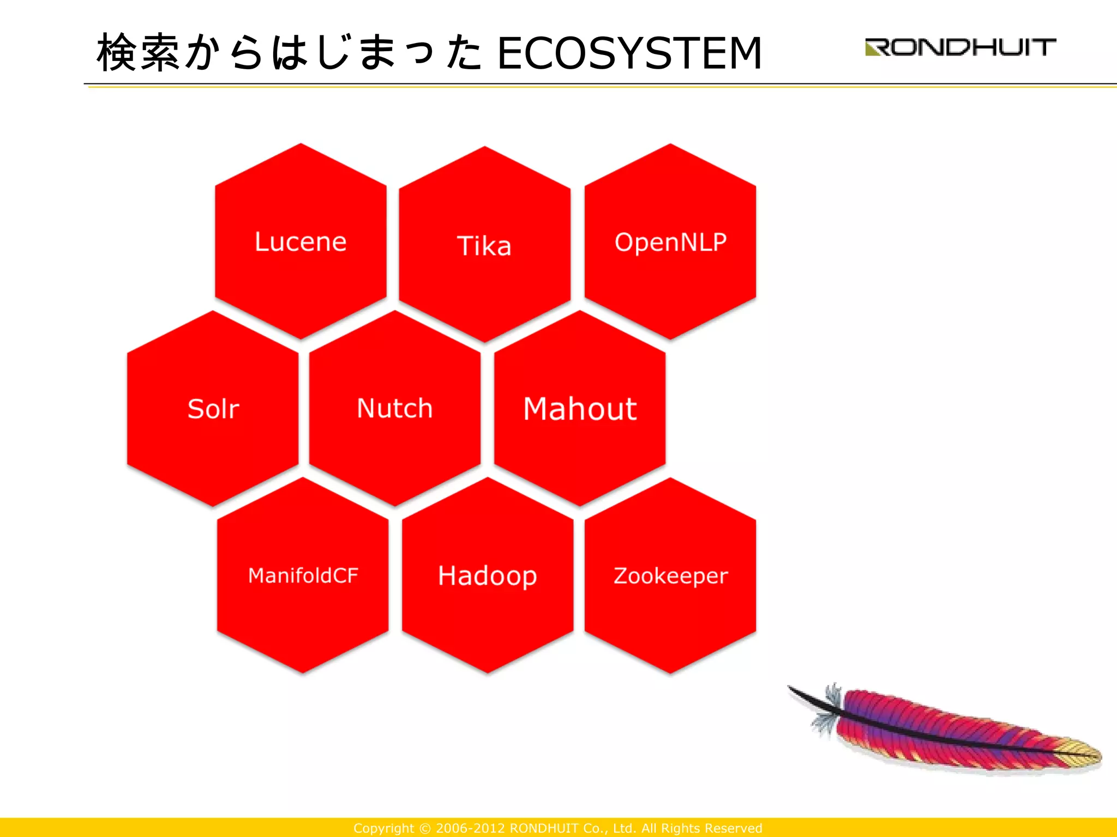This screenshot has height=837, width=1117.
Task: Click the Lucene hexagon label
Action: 301,242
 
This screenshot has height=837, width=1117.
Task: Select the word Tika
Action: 484,246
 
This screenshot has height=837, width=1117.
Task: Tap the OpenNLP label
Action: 670,242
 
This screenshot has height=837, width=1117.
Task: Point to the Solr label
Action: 213,409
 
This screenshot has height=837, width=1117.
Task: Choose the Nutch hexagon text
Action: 394,408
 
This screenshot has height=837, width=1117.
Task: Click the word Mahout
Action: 580,409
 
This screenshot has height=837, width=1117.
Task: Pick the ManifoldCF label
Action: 303,575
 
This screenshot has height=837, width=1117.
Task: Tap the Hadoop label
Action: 487,576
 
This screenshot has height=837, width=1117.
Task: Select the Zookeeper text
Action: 670,576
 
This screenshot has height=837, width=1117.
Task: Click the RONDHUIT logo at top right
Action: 960,47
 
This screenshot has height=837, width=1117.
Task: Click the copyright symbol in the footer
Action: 425,828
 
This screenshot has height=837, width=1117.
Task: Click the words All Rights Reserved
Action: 701,828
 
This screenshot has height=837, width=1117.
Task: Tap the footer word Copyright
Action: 383,828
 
